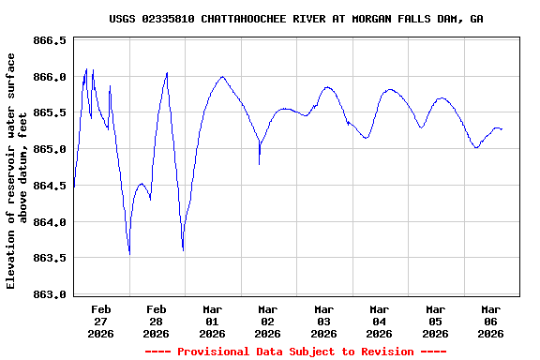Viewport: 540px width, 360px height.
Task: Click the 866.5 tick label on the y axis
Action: coord(51,41)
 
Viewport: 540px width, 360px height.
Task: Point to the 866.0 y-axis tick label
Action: coord(51,77)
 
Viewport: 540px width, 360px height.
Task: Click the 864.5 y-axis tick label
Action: coord(51,186)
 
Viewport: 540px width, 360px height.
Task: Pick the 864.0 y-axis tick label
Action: coord(51,222)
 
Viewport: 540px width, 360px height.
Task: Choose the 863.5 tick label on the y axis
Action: coord(51,259)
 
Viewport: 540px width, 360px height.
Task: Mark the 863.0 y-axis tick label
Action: coord(51,294)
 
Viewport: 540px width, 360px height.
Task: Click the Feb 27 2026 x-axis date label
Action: coord(101,321)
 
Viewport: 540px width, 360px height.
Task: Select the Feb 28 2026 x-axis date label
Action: coord(157,321)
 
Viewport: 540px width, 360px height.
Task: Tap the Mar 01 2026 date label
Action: coord(212,321)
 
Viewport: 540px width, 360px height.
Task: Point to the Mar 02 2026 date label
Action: coord(268,321)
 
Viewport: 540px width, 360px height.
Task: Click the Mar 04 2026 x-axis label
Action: coord(380,321)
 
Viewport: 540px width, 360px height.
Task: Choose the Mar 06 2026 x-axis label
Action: coord(490,321)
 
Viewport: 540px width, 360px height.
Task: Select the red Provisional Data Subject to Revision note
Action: coord(295,352)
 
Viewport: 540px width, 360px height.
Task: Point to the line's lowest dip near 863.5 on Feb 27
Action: coord(129,254)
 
